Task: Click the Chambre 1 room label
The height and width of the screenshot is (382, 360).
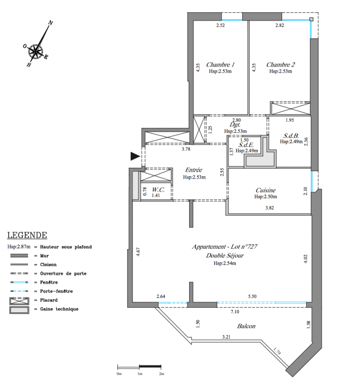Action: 220,64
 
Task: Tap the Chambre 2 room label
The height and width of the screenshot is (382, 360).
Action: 280,64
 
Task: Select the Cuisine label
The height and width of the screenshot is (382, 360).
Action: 265,190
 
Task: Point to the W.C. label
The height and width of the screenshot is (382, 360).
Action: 159,190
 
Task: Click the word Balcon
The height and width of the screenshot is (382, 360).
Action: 246,326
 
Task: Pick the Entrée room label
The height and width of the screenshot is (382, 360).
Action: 194,170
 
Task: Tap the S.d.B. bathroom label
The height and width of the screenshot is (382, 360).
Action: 291,136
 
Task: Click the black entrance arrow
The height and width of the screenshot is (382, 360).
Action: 135,156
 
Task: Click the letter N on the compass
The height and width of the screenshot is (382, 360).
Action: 51,23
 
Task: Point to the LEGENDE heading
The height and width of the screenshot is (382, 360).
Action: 27,235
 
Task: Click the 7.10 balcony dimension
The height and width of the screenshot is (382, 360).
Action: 235,312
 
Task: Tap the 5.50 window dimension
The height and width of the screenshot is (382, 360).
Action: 253,296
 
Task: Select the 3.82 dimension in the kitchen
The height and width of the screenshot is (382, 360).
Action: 269,208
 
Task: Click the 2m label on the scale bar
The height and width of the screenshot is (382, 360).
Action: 161,373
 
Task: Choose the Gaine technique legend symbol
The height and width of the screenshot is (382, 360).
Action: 19,310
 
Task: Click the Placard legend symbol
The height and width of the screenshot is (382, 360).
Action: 19,301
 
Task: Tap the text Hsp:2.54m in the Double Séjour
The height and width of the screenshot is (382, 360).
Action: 225,263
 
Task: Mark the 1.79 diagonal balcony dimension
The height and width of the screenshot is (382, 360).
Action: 277,351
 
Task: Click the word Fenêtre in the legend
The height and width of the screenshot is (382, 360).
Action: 49,282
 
